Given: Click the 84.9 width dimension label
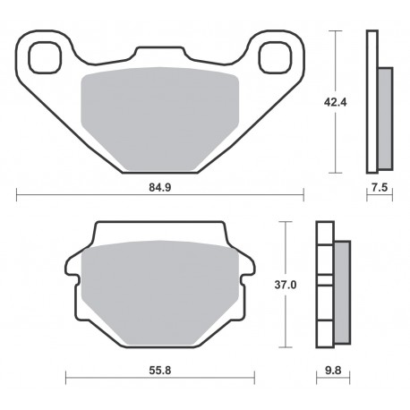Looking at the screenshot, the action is click(160, 188).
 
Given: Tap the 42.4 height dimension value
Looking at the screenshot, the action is click(336, 102).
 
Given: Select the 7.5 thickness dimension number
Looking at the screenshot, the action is click(380, 188).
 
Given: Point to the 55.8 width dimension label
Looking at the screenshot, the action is click(160, 371).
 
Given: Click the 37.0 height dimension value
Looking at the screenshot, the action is click(286, 286).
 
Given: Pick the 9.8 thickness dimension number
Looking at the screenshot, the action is click(333, 371).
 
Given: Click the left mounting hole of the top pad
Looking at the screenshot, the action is click(45, 57).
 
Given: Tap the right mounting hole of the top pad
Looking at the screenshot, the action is click(275, 57).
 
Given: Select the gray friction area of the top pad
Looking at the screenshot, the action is click(160, 119).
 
